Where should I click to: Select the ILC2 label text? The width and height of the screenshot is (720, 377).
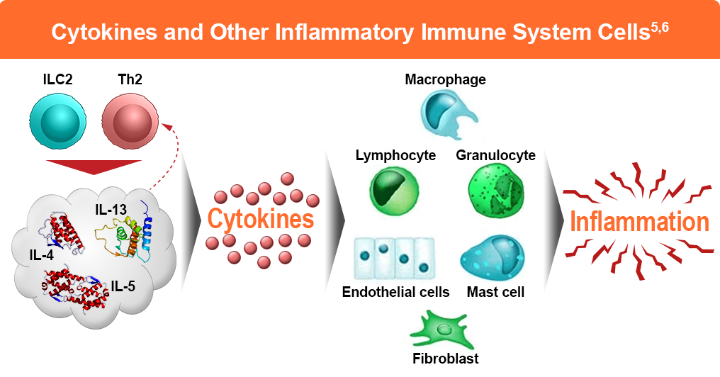pos(57,79)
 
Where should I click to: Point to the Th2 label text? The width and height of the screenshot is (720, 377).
pos(130,79)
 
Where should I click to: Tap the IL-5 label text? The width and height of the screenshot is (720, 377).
pos(124,288)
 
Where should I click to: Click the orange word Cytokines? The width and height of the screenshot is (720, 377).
pos(261,219)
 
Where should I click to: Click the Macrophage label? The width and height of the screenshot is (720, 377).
pos(445,79)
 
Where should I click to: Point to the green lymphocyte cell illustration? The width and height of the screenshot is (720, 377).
pos(394,190)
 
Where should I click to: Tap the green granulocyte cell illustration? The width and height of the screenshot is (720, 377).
pos(495,190)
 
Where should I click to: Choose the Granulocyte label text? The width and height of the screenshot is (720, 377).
pos(495,155)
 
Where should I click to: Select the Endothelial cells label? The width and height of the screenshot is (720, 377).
pos(395,292)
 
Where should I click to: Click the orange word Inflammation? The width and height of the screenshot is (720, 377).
pos(639,222)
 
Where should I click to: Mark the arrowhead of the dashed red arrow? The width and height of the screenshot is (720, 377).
pos(167,125)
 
